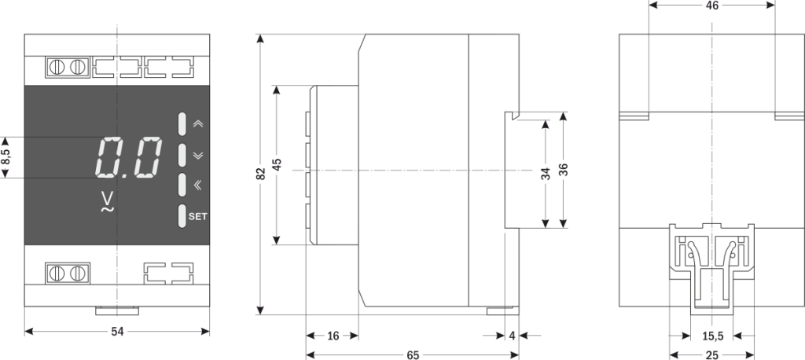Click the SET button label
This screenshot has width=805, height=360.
[197, 216]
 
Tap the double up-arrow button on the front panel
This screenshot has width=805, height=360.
[197, 124]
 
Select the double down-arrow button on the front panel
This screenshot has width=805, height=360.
[197, 155]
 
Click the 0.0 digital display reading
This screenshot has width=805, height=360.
[130, 157]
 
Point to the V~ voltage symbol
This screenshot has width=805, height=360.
[108, 203]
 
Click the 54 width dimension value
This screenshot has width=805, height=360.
[117, 332]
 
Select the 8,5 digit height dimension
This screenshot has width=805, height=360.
[6, 157]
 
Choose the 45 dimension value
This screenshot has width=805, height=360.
[277, 164]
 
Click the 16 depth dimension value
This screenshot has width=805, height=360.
[333, 336]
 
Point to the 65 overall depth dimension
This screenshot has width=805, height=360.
[413, 355]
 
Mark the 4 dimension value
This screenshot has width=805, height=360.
[513, 336]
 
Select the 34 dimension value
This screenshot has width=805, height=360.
[546, 174]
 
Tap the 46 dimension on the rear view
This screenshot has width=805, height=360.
[711, 6]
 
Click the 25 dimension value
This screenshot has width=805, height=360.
[711, 355]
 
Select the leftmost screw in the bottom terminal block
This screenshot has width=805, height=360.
[57, 274]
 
